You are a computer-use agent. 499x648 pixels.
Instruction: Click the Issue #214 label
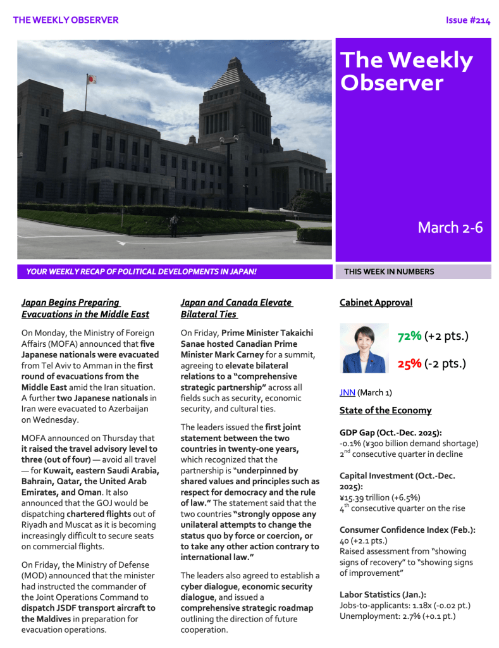(467, 20)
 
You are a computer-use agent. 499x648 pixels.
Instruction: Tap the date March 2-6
(450, 228)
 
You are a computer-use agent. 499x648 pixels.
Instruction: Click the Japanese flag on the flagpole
(91, 79)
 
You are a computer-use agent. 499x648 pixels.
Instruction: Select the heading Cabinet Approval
(376, 302)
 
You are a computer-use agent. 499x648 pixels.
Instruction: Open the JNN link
(347, 392)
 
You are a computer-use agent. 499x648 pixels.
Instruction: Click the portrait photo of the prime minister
(364, 348)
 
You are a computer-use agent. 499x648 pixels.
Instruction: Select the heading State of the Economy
(385, 410)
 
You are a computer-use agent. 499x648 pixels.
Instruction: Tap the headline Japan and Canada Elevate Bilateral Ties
(236, 308)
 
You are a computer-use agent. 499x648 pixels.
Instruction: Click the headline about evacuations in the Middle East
(85, 308)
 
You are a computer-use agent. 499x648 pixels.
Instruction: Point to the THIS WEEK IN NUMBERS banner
(389, 272)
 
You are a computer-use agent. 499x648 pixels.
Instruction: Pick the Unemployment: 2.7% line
(397, 616)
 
